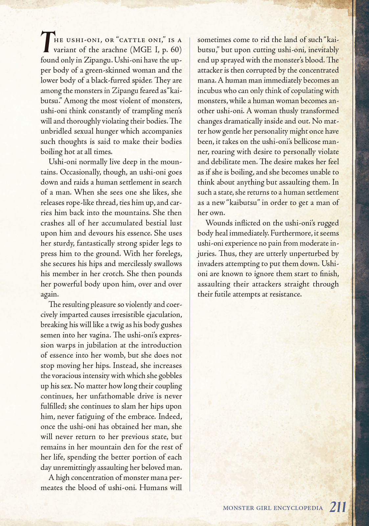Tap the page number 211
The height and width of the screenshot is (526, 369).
(338, 507)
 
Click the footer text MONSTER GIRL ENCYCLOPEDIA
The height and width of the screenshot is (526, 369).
(273, 508)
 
